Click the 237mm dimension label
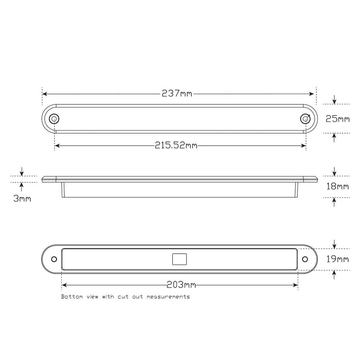pos(176,94)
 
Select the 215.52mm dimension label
pos(176,146)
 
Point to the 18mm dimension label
pos(337,186)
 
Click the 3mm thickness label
pos(22,198)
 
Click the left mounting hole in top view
pos(53,118)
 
